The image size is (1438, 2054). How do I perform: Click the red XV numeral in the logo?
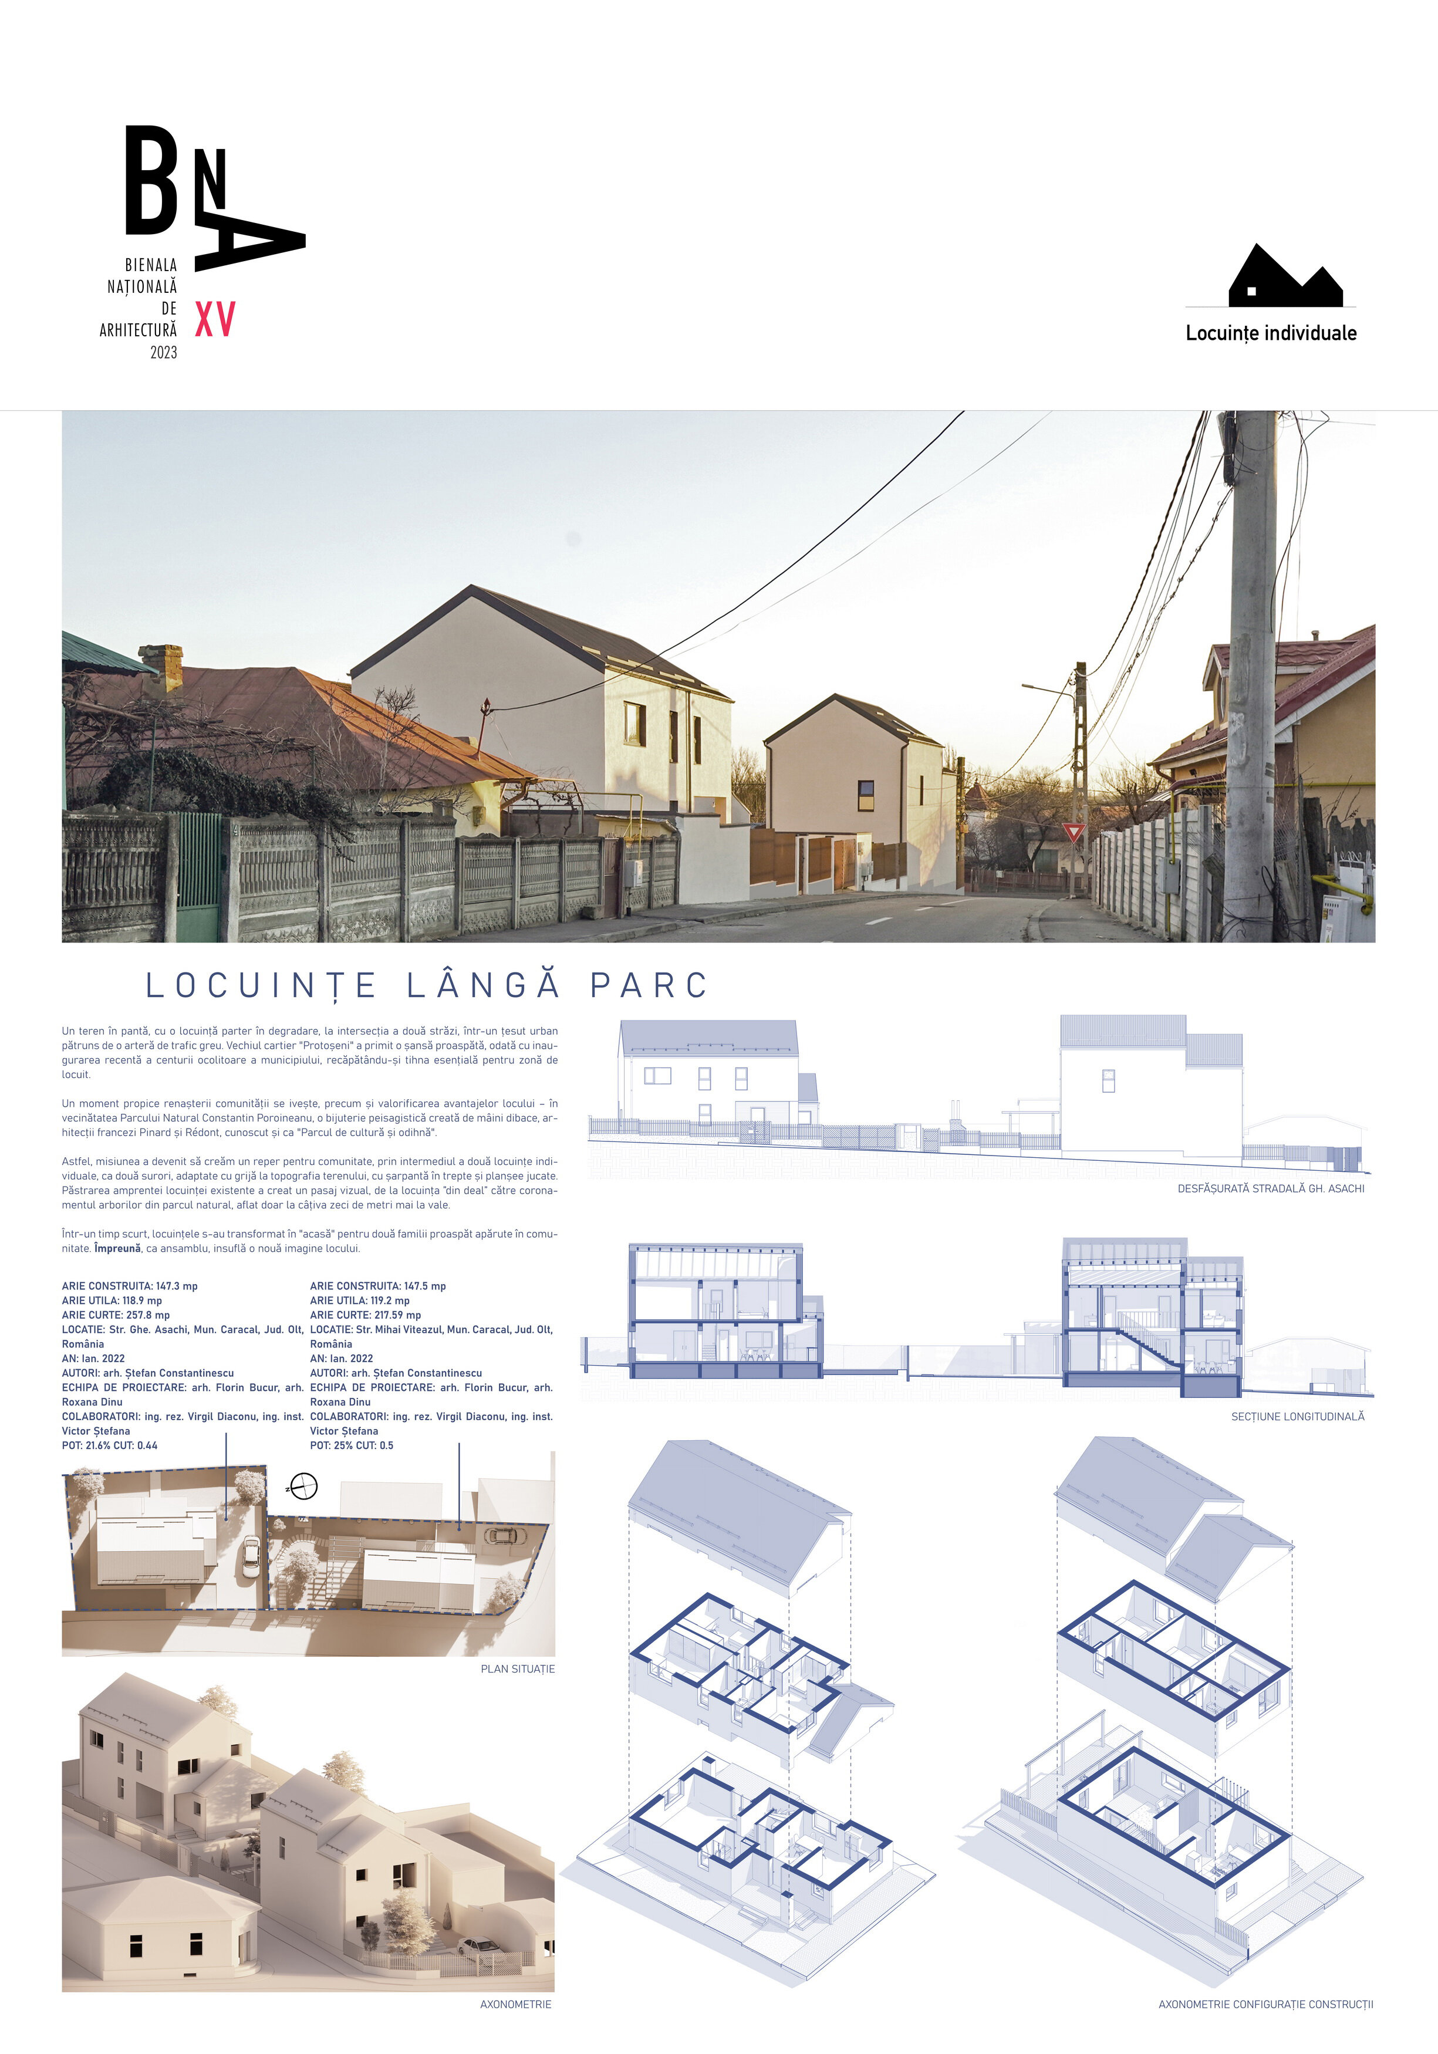tap(215, 319)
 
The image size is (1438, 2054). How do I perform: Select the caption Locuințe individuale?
tap(1271, 333)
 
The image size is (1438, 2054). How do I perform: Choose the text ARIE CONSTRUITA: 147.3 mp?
tap(130, 1286)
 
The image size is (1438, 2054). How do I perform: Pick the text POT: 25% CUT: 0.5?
tap(352, 1445)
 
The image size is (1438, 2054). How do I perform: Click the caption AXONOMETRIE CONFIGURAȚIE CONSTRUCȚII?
tap(1265, 2005)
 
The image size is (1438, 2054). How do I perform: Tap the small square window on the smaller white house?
tap(865, 789)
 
